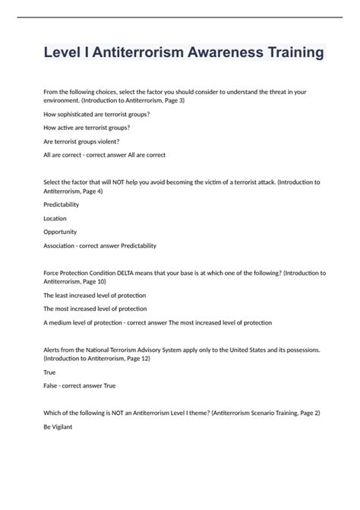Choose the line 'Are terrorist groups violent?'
click(81, 141)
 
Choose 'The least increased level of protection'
click(95, 294)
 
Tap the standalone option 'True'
click(49, 372)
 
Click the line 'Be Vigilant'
click(59, 428)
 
